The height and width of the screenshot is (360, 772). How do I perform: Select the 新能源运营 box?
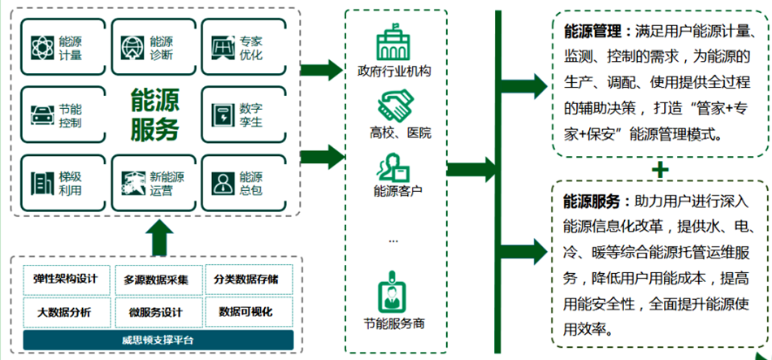152,183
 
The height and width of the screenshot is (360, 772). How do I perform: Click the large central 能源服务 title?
153,115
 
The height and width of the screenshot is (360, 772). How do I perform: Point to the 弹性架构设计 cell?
65,280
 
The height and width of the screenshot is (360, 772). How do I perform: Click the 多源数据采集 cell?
154,280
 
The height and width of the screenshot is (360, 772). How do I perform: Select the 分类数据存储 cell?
245,280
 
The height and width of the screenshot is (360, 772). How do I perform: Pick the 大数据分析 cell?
65,312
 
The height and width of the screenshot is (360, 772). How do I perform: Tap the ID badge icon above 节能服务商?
393,292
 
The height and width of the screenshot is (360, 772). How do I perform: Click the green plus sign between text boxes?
661,169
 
